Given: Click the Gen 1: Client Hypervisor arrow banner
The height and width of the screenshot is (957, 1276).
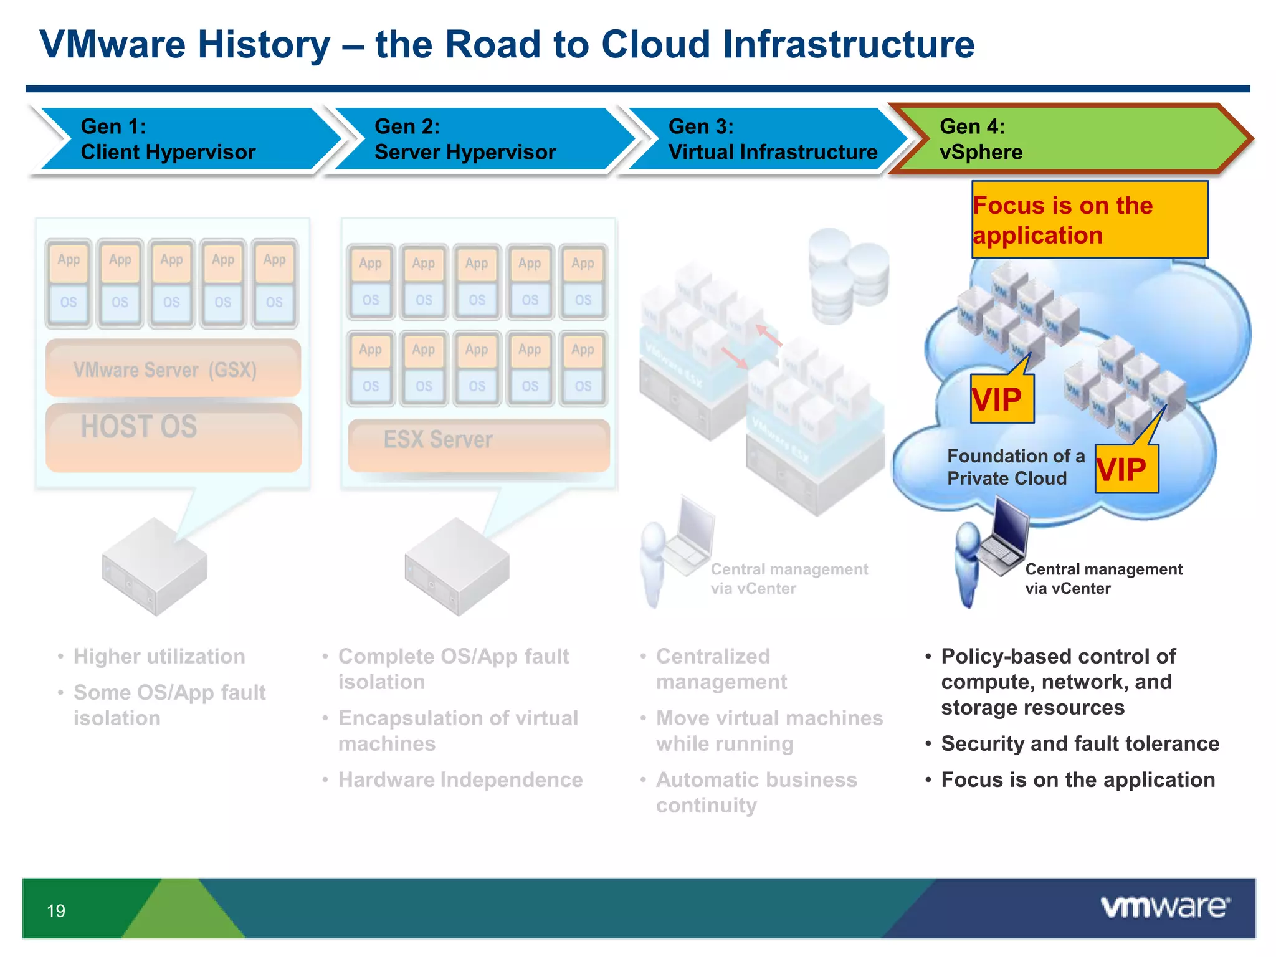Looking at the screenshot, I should click(181, 139).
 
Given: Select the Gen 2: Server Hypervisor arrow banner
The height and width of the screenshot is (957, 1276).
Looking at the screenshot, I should click(474, 139).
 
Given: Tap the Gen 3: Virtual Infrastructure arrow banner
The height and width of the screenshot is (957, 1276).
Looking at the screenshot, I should click(766, 139).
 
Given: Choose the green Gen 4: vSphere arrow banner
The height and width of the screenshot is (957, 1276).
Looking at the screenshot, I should click(1059, 139).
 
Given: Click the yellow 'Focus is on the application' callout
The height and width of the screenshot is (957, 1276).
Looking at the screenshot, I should click(1089, 220).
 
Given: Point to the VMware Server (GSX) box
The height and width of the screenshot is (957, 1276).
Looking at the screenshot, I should click(173, 369).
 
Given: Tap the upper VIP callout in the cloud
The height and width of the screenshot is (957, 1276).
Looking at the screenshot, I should click(1001, 399).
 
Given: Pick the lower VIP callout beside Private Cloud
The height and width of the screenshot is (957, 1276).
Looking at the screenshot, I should click(1125, 469).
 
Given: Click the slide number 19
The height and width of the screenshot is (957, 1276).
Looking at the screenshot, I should click(56, 911).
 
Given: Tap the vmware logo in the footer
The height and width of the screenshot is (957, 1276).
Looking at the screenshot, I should click(1164, 907).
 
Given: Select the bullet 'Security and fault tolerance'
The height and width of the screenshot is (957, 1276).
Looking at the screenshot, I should click(1079, 743).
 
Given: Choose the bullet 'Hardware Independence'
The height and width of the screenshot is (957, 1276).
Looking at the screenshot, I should click(460, 779).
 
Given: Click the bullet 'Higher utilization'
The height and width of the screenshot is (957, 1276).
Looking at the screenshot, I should click(159, 656).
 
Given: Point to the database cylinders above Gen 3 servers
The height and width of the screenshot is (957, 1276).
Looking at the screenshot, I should click(847, 275).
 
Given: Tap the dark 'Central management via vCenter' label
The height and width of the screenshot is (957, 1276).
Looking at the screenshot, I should click(1103, 578).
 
